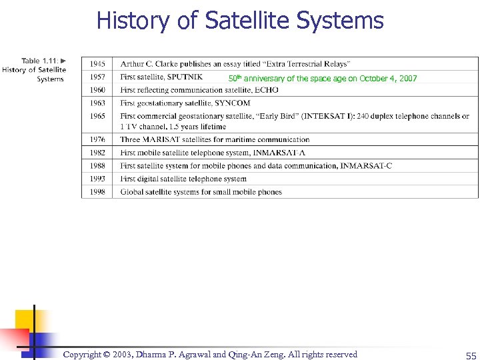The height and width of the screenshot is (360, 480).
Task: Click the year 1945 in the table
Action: (97, 64)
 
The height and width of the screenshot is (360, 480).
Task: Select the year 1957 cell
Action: (97, 77)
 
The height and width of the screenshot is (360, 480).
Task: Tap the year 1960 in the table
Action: (97, 90)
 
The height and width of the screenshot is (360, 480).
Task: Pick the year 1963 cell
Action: (97, 103)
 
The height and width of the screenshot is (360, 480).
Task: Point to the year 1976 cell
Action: (97, 140)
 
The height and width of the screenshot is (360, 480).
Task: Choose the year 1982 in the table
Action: (97, 153)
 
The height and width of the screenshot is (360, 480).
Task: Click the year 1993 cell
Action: (97, 179)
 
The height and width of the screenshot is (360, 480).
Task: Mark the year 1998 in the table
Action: (97, 192)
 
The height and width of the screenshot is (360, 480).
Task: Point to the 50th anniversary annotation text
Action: (323, 79)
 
